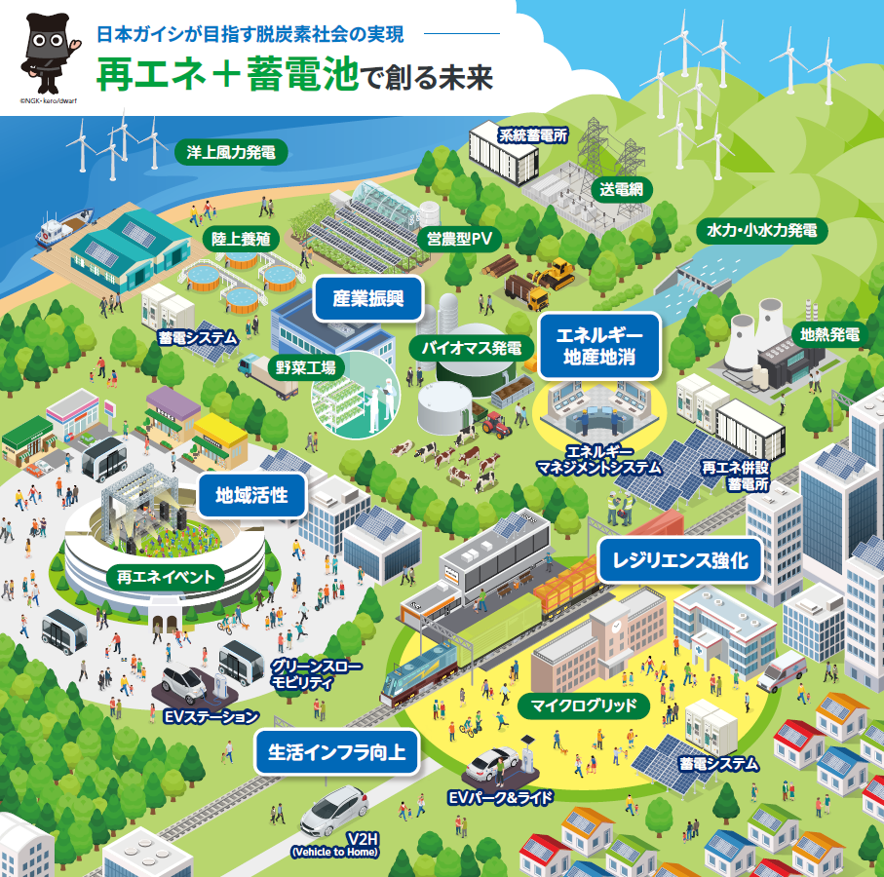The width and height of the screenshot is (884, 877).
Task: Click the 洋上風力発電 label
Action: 231,152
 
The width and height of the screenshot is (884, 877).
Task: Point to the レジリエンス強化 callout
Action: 679,560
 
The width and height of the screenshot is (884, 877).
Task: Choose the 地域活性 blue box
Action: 251,493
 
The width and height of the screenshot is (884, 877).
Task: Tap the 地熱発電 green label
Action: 829,334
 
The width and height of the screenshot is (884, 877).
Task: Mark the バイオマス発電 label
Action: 471,347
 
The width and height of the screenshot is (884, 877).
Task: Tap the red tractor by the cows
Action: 495,422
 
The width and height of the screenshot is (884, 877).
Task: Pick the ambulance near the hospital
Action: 782,670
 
